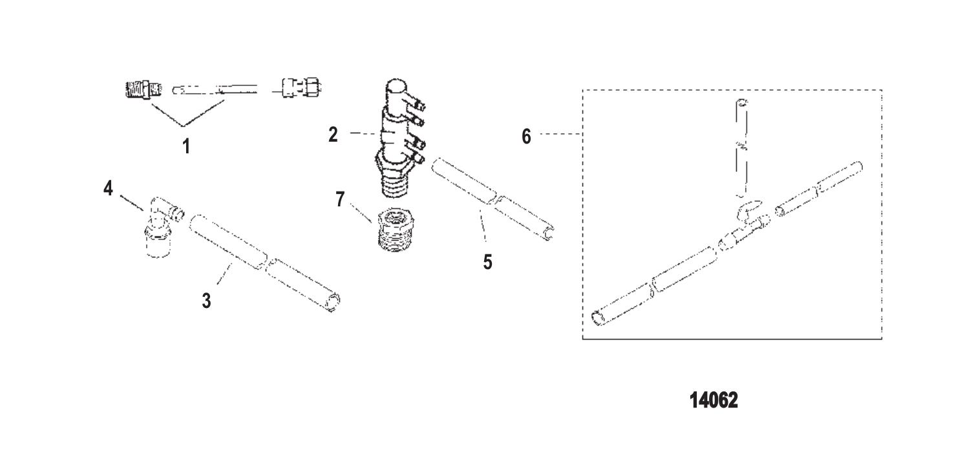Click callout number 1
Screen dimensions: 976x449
(x=187, y=146)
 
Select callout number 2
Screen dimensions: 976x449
(x=334, y=135)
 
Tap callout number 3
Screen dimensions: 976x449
(x=207, y=300)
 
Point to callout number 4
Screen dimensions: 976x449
(x=108, y=188)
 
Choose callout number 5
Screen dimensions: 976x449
(x=487, y=262)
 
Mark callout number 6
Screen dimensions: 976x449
(x=526, y=137)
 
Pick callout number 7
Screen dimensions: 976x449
(x=340, y=199)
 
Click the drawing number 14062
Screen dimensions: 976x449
(x=714, y=400)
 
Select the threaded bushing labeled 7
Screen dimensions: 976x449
(x=396, y=230)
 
